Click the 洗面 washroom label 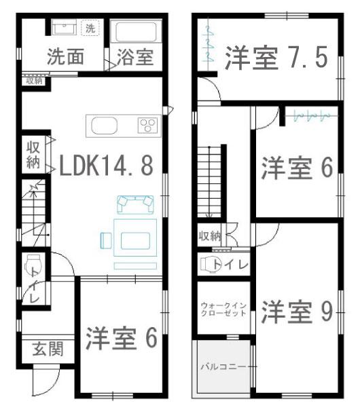tap(66, 57)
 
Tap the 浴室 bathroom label tap(135, 57)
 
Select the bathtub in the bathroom tap(136, 32)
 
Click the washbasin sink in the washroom tap(64, 27)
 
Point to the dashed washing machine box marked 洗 tap(90, 28)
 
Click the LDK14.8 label tap(106, 166)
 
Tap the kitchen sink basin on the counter tap(105, 126)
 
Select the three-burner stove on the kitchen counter tap(148, 125)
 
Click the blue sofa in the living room tap(135, 204)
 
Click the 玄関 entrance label tap(48, 349)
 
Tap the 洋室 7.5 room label tap(276, 58)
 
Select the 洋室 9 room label tap(297, 312)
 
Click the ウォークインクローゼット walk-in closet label tap(223, 309)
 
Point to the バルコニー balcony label tap(223, 366)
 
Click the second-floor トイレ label tap(231, 265)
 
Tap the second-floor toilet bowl tap(208, 264)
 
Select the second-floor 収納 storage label tap(210, 236)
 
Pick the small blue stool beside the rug tap(106, 240)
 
